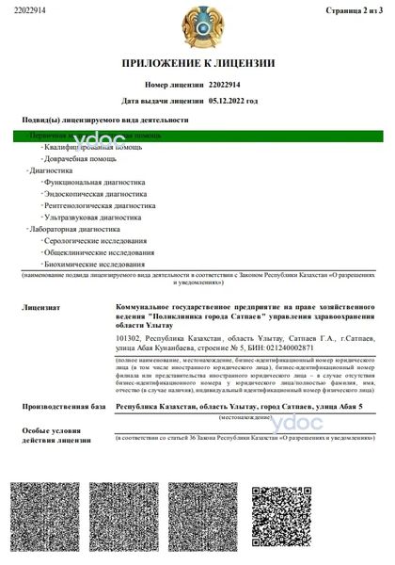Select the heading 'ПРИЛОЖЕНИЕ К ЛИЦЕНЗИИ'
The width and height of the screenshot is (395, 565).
(x=197, y=63)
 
